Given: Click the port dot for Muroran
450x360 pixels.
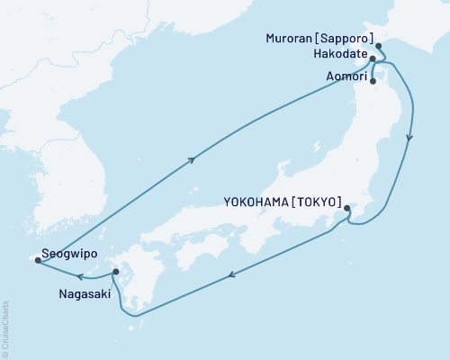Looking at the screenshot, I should coord(378,46).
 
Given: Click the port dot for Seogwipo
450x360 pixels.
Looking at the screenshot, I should coord(37,260).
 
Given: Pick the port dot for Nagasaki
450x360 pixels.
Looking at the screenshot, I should coord(115,271).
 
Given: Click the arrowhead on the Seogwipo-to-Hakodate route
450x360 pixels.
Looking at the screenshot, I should coord(191,160).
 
